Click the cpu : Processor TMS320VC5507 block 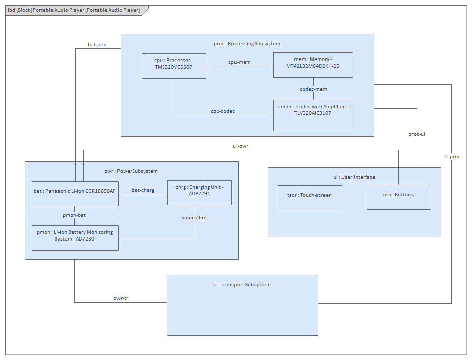173,66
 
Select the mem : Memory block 313,65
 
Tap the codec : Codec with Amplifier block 313,115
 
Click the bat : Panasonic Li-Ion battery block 75,193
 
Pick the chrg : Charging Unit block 199,192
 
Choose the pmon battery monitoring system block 75,237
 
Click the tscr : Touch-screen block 310,197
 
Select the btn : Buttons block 398,197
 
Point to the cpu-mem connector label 239,62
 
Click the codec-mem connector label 313,89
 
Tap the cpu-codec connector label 222,111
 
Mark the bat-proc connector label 98,45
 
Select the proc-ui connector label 417,134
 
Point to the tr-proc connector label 452,157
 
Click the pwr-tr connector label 121,298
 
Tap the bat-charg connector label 143,190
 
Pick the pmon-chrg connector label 194,218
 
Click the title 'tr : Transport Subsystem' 242,284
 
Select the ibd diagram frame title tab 74,10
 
